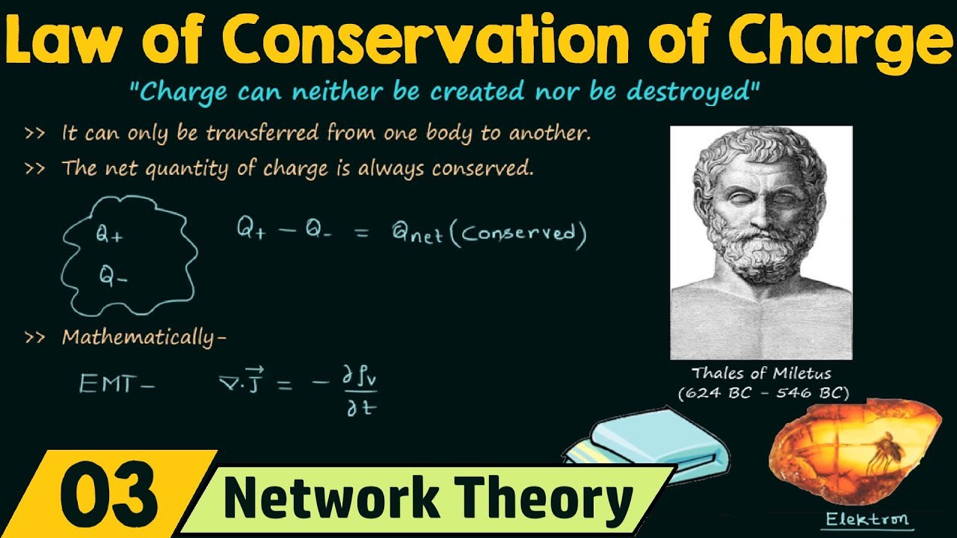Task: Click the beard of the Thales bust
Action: [755, 262]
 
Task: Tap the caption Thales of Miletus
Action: [761, 373]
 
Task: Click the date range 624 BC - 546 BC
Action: [763, 393]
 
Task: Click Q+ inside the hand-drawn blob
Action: [108, 235]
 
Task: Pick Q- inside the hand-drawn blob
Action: [113, 276]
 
